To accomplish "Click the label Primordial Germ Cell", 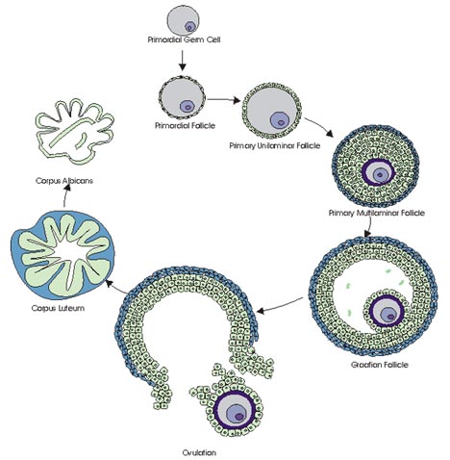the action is (184, 39).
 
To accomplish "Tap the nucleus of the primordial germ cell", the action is (189, 27).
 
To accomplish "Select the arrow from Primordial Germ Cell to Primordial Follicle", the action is (182, 60).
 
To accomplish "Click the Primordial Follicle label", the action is (185, 125).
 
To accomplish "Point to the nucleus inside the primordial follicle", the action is (187, 106).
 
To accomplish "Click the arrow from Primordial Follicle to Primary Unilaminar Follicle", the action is (224, 100).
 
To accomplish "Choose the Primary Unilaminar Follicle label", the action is (275, 145).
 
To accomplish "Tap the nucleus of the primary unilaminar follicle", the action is (280, 121).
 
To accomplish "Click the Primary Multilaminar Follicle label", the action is (377, 213).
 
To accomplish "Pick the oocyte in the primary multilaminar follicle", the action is (379, 173).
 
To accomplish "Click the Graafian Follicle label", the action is (380, 365).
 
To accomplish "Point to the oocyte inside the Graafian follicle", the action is (387, 311).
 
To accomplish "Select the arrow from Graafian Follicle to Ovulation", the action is (280, 306).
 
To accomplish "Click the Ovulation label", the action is (199, 452).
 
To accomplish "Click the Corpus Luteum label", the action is (58, 308).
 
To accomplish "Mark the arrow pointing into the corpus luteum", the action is (116, 287).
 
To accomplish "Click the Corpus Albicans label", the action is (64, 181).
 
